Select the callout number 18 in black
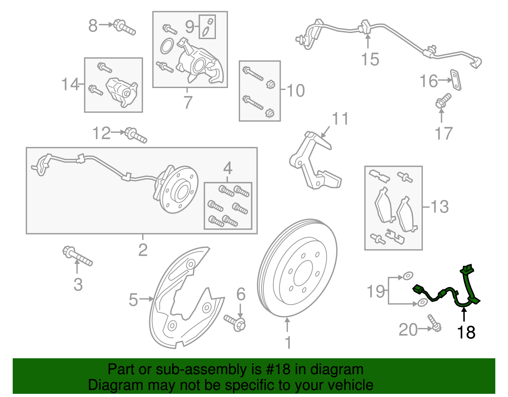click(466, 332)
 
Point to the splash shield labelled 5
click(184, 299)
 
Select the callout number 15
click(370, 59)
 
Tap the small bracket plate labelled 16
click(456, 80)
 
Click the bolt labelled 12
click(136, 135)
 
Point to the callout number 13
click(439, 207)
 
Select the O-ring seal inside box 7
click(167, 46)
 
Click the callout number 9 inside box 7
click(189, 27)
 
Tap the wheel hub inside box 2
click(178, 191)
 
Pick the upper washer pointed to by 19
click(408, 276)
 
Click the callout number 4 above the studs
click(228, 168)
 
